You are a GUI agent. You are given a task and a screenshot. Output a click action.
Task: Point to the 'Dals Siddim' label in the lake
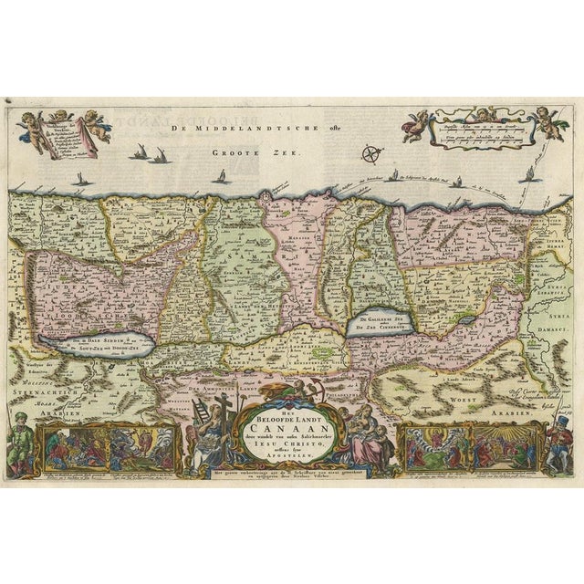coord(85,339)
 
